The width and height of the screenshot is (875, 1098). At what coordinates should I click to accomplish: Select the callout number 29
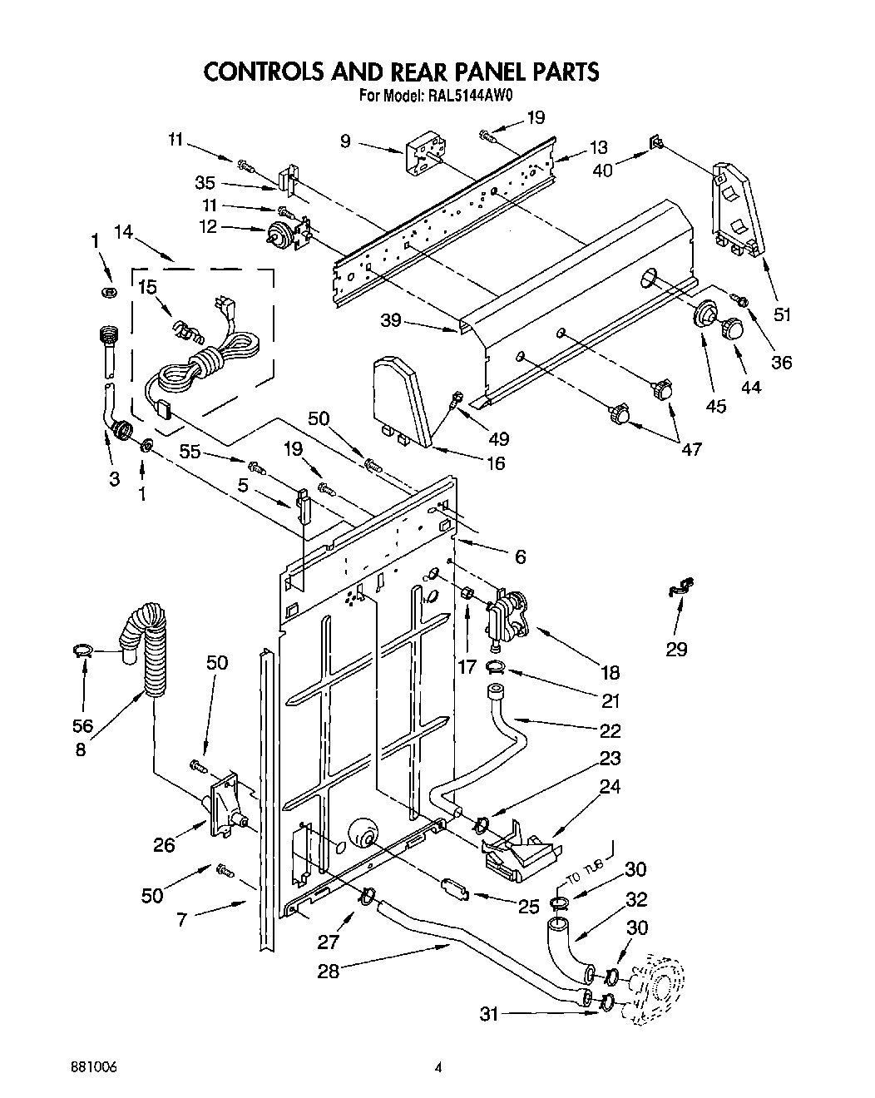tap(676, 649)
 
